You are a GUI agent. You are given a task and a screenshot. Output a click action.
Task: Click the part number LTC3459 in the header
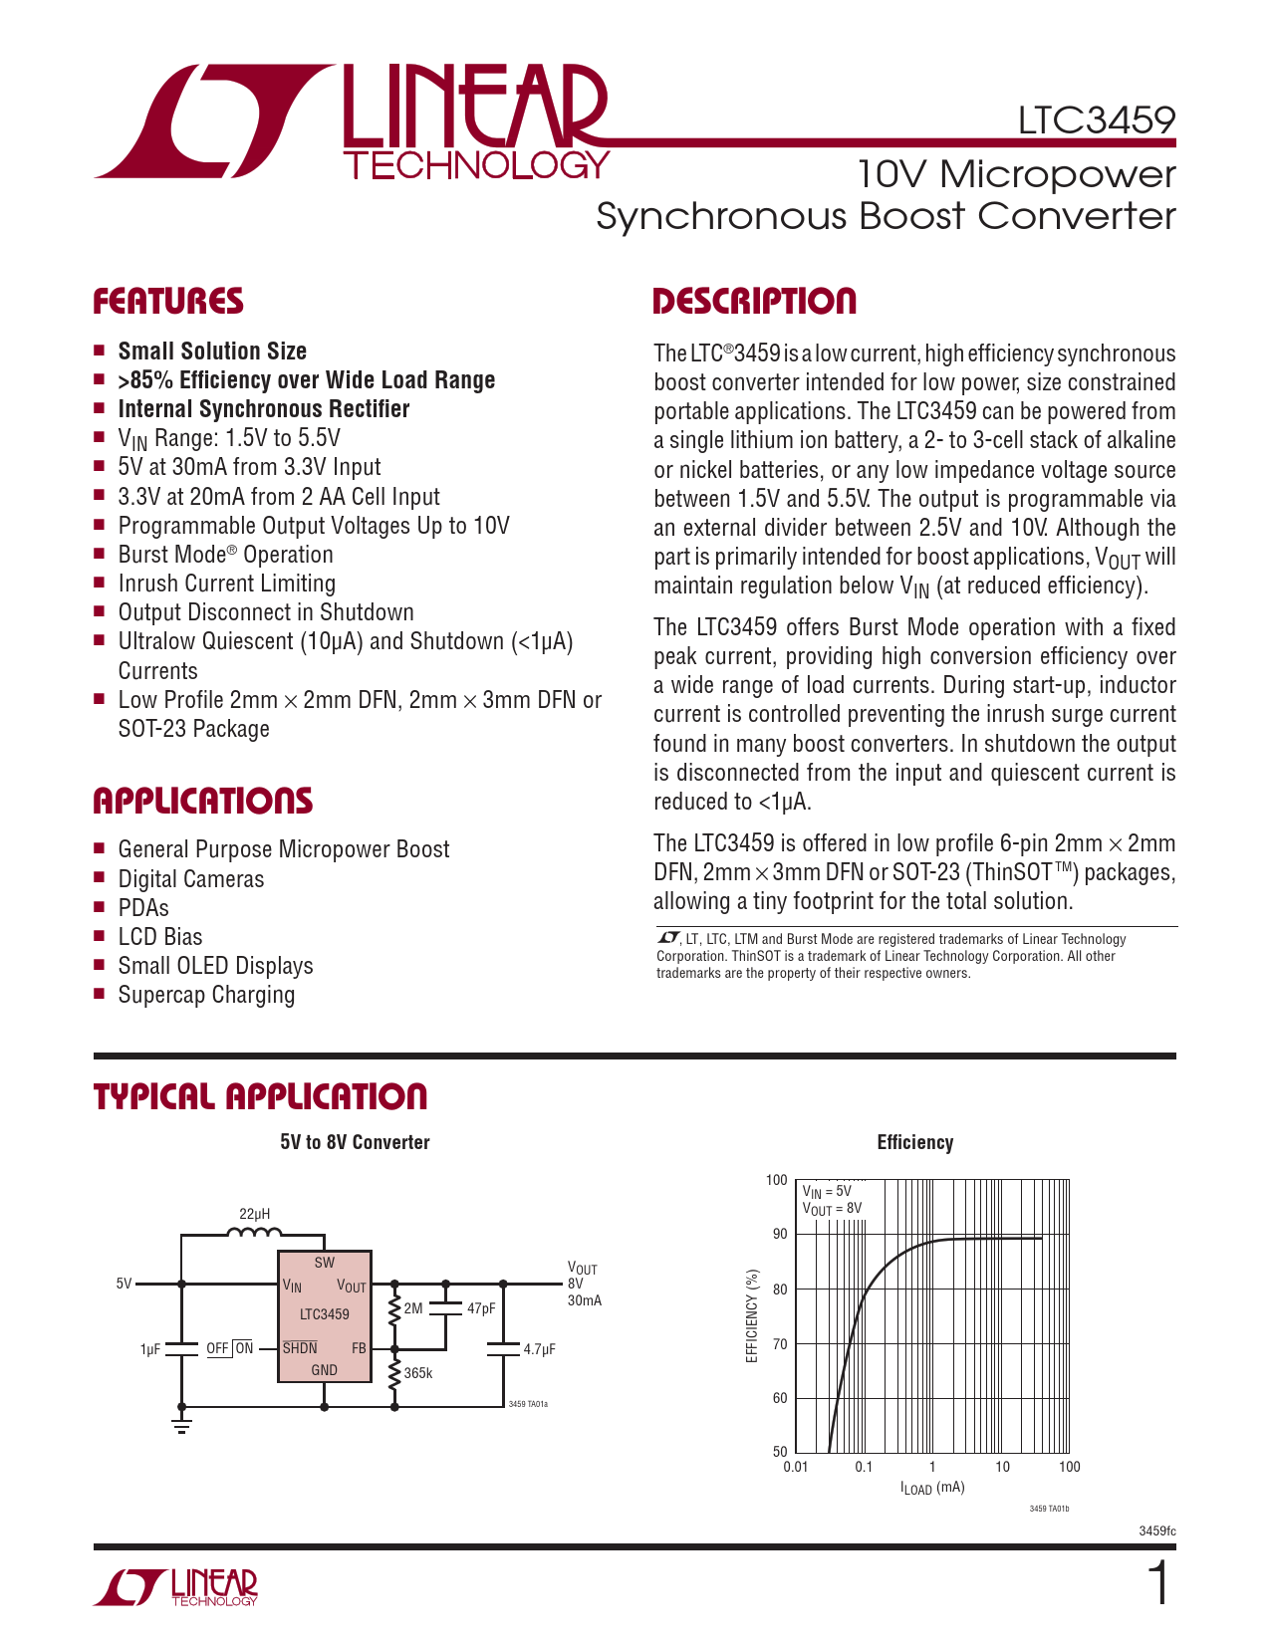[1096, 120]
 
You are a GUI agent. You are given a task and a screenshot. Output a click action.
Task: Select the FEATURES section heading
[168, 302]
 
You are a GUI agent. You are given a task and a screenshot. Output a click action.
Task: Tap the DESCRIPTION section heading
[754, 302]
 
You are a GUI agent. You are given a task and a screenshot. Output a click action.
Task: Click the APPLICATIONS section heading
[202, 801]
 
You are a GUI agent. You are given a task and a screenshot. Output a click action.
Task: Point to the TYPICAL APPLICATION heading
[260, 1096]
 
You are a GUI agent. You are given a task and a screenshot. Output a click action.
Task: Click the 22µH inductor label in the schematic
[254, 1214]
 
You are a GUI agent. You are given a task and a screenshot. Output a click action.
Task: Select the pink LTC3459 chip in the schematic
[324, 1315]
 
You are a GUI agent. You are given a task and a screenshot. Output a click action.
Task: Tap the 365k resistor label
[418, 1373]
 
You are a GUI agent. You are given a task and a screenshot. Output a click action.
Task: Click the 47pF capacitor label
[481, 1308]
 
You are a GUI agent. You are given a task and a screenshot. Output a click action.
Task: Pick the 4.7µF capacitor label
[539, 1349]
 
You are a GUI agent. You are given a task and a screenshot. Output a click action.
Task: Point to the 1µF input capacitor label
[149, 1349]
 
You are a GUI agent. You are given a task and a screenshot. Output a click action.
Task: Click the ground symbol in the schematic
[181, 1421]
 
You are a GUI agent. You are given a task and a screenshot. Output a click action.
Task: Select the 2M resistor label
[413, 1308]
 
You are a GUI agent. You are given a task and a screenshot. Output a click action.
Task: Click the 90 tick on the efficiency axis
[779, 1234]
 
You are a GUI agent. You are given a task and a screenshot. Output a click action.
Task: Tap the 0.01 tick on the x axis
[795, 1467]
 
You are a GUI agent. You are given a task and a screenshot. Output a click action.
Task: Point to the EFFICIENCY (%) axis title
[752, 1315]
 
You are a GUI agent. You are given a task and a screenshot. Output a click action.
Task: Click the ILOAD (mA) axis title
[932, 1489]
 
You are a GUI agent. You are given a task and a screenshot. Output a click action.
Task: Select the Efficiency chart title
[914, 1143]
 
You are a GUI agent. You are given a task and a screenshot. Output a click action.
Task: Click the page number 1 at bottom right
[1158, 1584]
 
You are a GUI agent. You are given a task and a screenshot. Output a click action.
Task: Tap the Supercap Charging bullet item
[206, 995]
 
